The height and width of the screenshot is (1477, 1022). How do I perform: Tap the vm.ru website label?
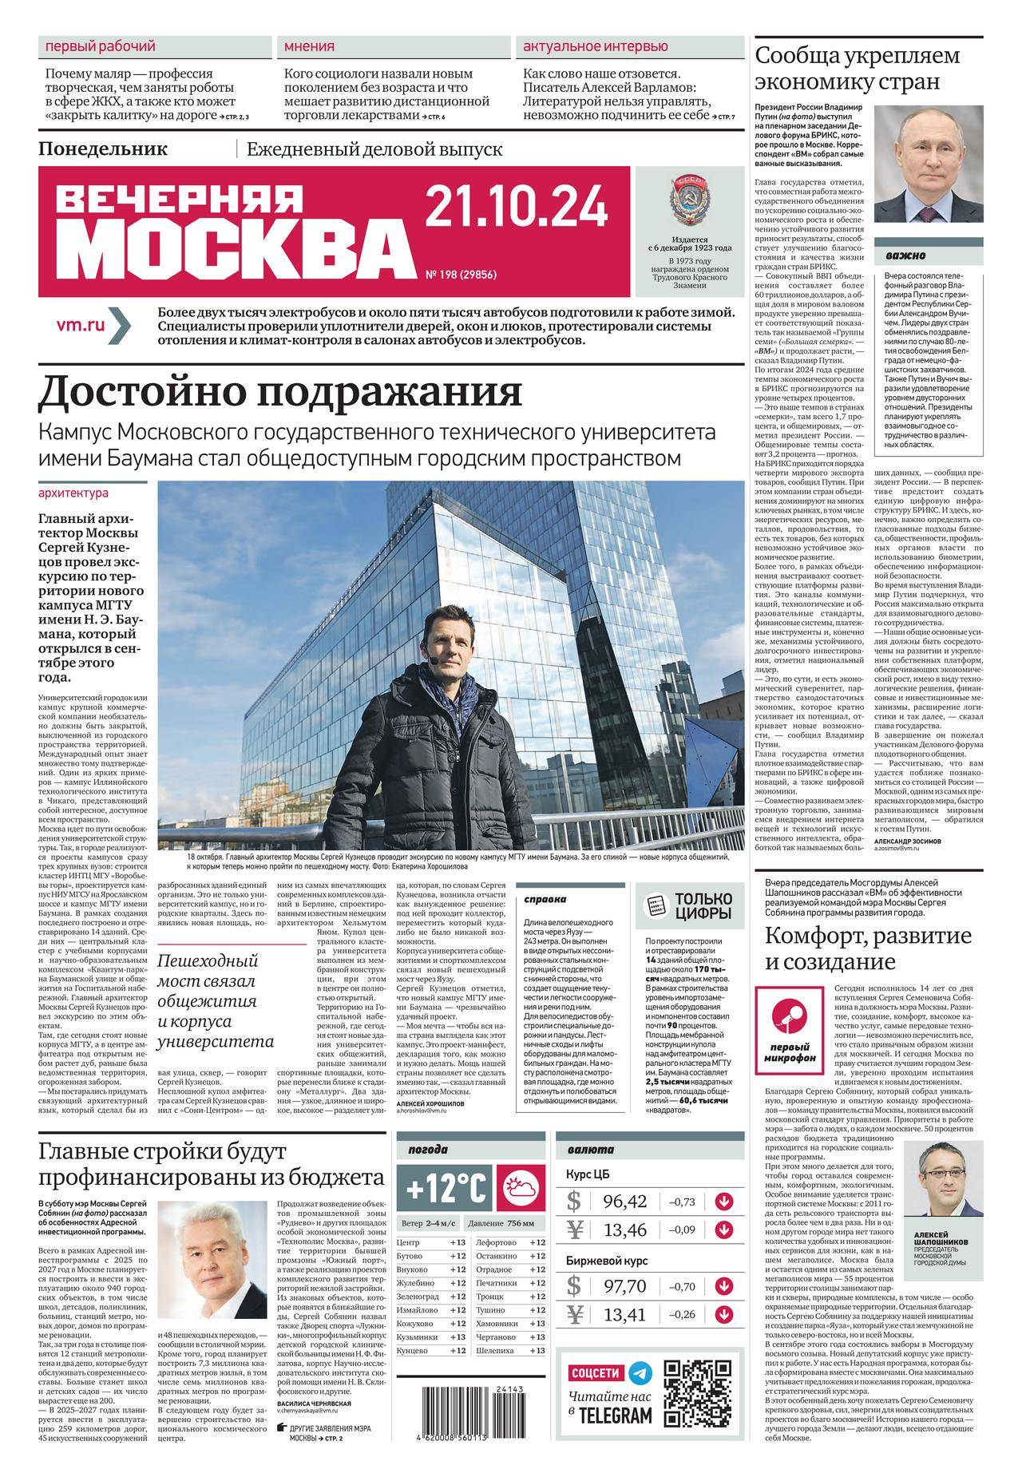point(81,325)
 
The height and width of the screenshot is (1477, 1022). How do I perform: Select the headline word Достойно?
point(144,392)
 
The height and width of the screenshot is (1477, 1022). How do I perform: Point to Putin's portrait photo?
point(927,165)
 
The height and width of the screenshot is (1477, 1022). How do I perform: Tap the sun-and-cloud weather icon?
point(521,1189)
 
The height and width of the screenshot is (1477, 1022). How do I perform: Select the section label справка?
point(546,900)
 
